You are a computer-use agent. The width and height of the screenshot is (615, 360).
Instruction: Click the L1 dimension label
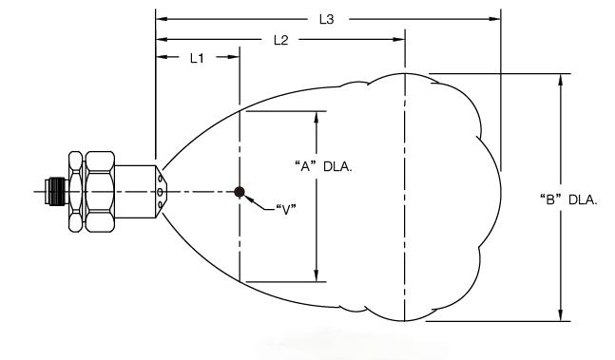click(x=197, y=58)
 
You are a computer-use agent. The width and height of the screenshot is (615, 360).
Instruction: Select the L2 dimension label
click(x=280, y=40)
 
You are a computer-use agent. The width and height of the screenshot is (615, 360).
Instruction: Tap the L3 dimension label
click(x=326, y=19)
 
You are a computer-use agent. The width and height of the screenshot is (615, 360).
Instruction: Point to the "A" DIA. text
click(x=323, y=166)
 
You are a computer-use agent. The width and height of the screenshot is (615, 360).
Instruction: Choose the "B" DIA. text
click(x=568, y=199)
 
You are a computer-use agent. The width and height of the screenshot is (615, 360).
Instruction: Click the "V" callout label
click(x=286, y=210)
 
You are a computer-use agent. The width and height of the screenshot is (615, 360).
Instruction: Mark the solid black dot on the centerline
click(x=240, y=192)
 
